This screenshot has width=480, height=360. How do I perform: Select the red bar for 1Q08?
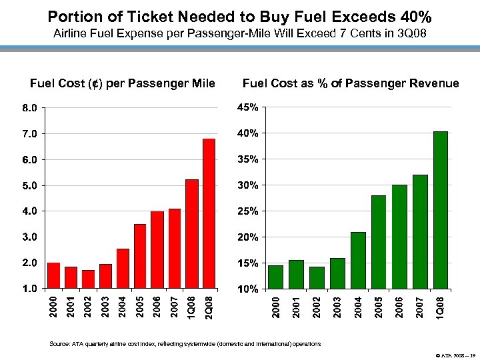coord(192,234)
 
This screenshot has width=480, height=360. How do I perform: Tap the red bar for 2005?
coord(140,256)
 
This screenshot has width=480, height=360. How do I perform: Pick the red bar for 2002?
coord(88,279)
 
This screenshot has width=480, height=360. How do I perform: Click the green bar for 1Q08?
coord(441,210)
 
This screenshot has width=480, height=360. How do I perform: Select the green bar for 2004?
coord(358,261)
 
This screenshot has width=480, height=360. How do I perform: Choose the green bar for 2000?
coord(275,277)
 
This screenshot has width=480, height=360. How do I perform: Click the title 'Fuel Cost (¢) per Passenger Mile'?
coord(123,83)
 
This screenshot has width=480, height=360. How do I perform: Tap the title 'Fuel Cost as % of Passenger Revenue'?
coord(351,83)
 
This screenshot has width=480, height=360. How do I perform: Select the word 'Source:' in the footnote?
coord(58,344)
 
